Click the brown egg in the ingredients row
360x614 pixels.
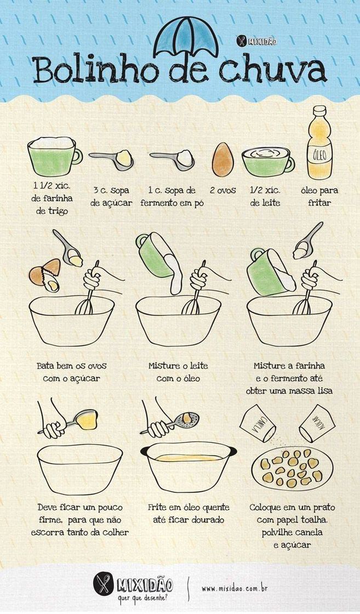222,160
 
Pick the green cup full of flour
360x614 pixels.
54,156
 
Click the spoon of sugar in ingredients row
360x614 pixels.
112,159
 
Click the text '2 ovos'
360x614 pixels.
222,190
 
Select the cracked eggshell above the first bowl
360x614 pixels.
45,274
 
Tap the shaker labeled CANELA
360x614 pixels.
258,423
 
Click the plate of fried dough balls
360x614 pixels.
292,468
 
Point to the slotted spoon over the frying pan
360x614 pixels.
170,423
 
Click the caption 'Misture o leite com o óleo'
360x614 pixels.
178,372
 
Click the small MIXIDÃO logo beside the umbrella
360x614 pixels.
256,41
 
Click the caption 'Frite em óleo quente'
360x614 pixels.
188,507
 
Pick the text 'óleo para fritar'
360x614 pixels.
319,197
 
